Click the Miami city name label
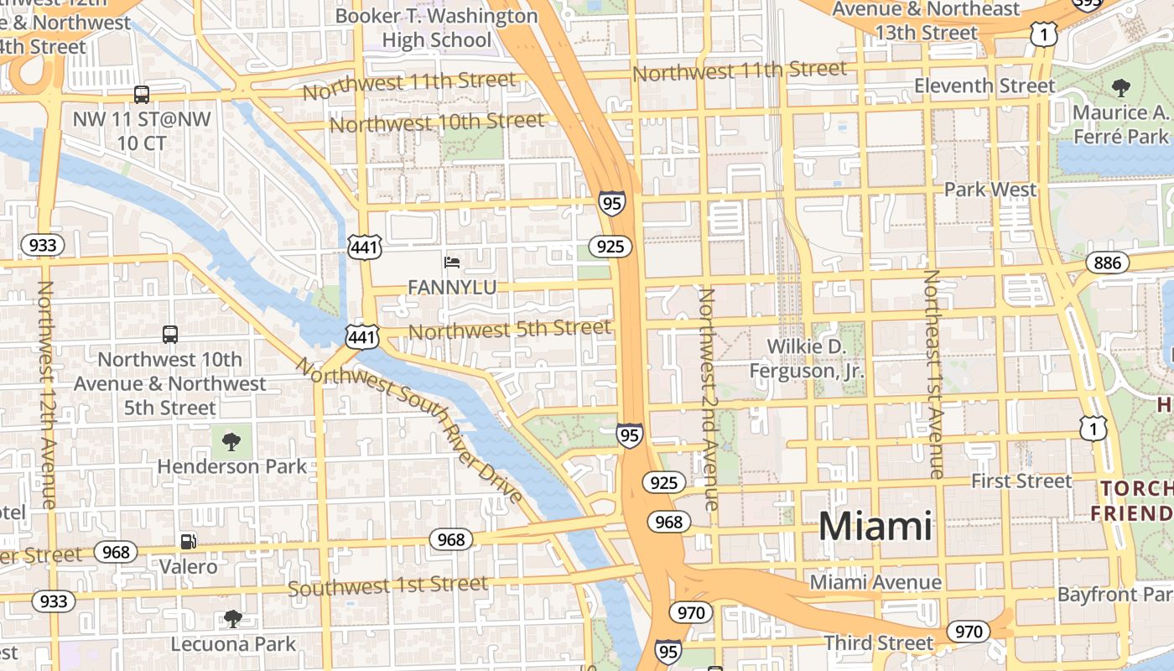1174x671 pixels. pos(875,527)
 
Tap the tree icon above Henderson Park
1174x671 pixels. pos(231,441)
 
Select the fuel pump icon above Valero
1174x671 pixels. pos(189,542)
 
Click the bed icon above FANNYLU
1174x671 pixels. pos(452,263)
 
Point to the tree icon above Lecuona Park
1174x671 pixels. pos(233,619)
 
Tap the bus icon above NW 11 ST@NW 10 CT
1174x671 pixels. pos(142,94)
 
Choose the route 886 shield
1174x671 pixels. pos(1107,263)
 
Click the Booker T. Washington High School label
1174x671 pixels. pos(436,28)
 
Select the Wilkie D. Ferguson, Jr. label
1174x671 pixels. pos(806,358)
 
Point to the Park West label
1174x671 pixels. pos(990,190)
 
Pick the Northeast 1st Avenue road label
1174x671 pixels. pos(933,374)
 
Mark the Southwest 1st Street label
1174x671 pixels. pos(387,585)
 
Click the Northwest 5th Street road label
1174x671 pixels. pos(509,330)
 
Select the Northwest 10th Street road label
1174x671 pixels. pos(437,122)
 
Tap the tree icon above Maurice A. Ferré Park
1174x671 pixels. pos(1120,87)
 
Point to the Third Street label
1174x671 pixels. pos(878,643)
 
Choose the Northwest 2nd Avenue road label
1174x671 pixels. pos(708,399)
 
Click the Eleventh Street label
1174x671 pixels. pos(984,86)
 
